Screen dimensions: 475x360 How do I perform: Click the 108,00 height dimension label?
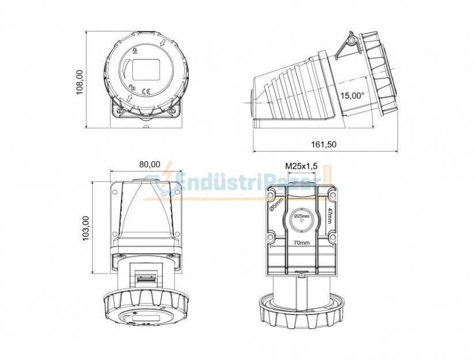(79, 82)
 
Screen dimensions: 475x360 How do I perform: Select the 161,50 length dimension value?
(324, 145)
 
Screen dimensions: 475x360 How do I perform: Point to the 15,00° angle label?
(352, 96)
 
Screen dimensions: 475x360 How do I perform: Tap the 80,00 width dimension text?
(150, 164)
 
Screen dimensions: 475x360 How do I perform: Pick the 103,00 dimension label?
(86, 228)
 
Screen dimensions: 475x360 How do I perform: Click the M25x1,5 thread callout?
(302, 166)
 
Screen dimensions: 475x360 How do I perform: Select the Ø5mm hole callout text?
(276, 203)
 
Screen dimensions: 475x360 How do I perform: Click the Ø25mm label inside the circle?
(302, 216)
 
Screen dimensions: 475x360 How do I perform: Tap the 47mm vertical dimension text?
(329, 217)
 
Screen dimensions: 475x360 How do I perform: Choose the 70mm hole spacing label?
(302, 242)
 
